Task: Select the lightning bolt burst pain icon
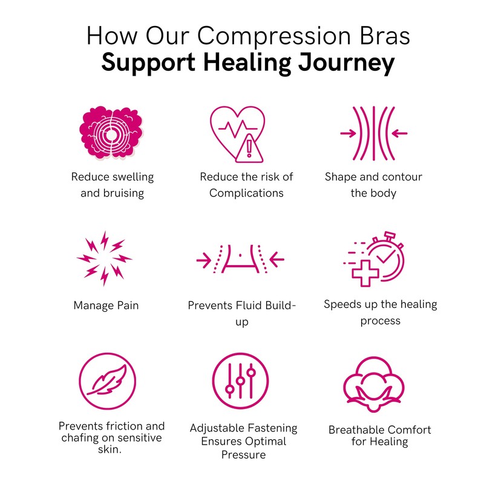[104, 258]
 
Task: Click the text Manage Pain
[106, 306]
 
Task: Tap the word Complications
[246, 193]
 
